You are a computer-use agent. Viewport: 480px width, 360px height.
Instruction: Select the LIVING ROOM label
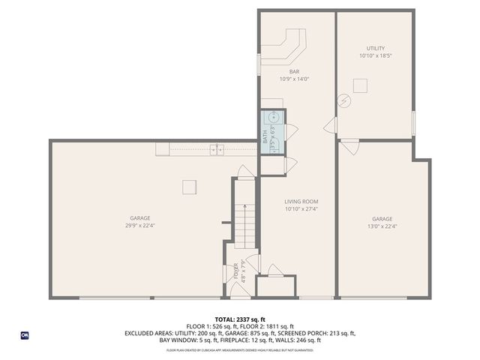pyautogui.click(x=301, y=201)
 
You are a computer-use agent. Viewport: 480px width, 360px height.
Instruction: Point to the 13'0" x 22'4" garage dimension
pyautogui.click(x=382, y=225)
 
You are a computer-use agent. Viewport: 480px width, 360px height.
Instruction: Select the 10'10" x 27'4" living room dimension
pyautogui.click(x=301, y=208)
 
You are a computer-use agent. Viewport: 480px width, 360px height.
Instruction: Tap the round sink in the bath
pyautogui.click(x=274, y=117)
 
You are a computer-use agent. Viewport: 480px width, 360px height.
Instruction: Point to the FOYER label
pyautogui.click(x=235, y=268)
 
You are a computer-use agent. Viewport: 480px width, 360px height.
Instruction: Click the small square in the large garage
pyautogui.click(x=191, y=186)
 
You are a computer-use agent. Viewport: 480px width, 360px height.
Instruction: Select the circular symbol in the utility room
pyautogui.click(x=344, y=100)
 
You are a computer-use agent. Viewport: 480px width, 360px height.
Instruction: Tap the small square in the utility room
pyautogui.click(x=360, y=85)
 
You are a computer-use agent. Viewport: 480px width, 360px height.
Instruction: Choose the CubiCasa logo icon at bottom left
pyautogui.click(x=25, y=335)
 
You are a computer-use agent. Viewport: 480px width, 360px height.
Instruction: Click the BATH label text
pyautogui.click(x=265, y=138)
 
